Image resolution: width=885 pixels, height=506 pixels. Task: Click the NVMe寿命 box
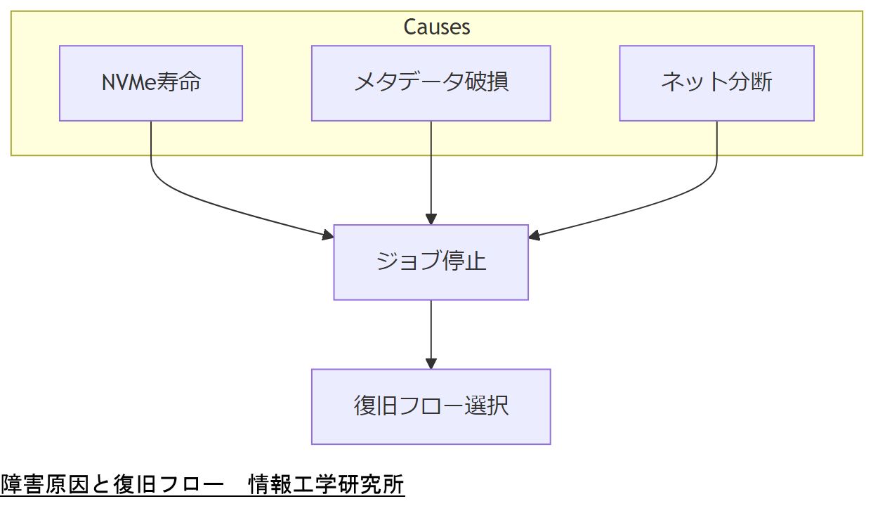coord(151,83)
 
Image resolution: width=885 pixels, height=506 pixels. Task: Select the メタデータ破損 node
coord(431,83)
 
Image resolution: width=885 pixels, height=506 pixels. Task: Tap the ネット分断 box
coord(716,83)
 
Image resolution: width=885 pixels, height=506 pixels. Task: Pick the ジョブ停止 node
coord(431,262)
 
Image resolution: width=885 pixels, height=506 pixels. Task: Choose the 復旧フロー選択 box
coord(431,406)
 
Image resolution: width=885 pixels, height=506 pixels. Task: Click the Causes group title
coord(437,27)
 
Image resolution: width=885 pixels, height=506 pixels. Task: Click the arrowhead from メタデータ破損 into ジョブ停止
coord(431,219)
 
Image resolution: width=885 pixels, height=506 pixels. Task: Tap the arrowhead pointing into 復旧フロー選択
coord(431,363)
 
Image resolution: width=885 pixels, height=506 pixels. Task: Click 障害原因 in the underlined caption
coord(45,485)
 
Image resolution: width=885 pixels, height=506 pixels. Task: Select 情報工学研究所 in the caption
coord(326,485)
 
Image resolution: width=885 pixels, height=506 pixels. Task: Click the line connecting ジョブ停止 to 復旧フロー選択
coord(431,330)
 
